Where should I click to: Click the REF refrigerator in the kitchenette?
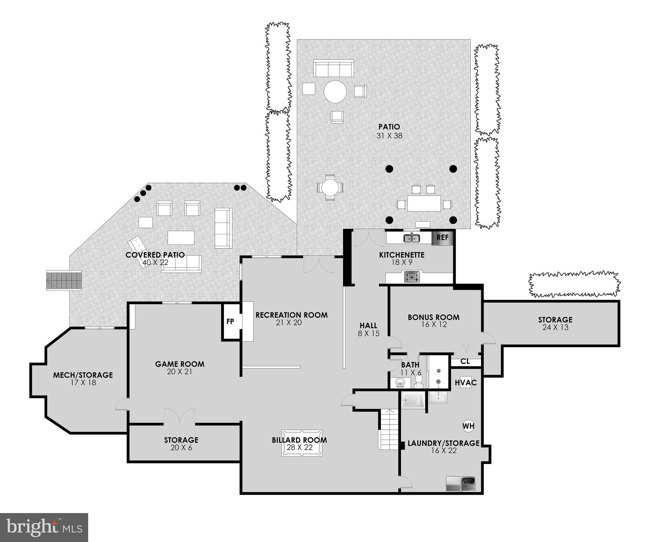(442, 237)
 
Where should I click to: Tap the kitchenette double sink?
(412, 239)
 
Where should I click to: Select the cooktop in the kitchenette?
(412, 277)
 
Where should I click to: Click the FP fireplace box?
(230, 321)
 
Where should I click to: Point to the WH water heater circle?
(468, 426)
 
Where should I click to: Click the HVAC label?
(465, 383)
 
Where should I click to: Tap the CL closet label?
(465, 362)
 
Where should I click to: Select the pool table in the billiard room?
(301, 443)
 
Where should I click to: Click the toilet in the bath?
(419, 380)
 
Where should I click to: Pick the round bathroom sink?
(400, 383)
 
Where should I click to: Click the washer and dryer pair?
(461, 484)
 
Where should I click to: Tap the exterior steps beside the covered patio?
(64, 281)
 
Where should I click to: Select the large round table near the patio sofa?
(335, 92)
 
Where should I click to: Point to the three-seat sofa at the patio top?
(334, 68)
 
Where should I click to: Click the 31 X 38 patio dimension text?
(389, 136)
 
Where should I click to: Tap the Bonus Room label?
(433, 317)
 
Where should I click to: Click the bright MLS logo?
(44, 528)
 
